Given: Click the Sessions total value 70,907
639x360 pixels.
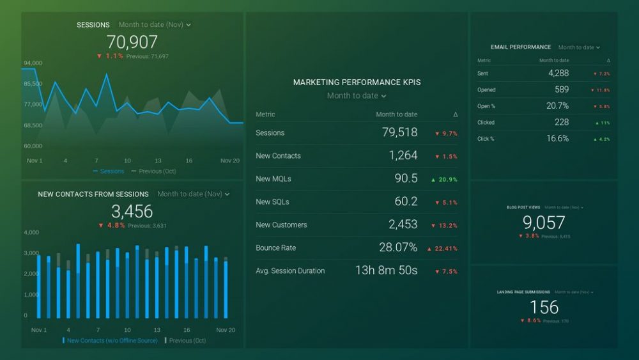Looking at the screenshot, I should (x=132, y=42).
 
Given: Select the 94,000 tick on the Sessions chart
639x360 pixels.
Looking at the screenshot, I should (x=33, y=63).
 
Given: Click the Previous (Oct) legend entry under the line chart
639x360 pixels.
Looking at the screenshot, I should (x=154, y=171).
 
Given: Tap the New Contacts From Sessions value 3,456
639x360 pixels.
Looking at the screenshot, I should (x=132, y=212).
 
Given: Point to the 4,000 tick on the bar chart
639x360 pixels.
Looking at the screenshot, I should (x=31, y=233).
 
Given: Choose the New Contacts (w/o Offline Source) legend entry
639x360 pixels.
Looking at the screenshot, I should (x=111, y=341).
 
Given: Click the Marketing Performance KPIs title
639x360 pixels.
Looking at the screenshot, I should (x=357, y=82).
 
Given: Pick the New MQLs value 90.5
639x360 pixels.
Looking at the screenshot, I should (x=406, y=179).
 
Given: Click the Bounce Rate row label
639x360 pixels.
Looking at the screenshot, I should (x=275, y=248).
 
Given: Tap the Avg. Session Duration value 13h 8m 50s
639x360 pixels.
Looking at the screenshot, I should (x=386, y=270).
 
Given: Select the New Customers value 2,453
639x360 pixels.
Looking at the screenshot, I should (x=403, y=224).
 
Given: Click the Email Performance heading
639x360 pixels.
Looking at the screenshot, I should (x=521, y=47).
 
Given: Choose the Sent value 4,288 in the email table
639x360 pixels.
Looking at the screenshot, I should (x=558, y=74).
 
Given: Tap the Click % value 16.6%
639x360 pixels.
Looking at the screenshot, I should (x=557, y=138).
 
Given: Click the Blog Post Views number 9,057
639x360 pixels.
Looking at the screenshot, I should (x=544, y=223).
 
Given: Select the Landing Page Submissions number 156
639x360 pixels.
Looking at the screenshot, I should (x=544, y=307).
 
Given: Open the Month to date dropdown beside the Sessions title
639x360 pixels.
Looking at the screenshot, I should (x=155, y=25).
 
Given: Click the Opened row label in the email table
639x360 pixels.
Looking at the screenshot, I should (x=486, y=90).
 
